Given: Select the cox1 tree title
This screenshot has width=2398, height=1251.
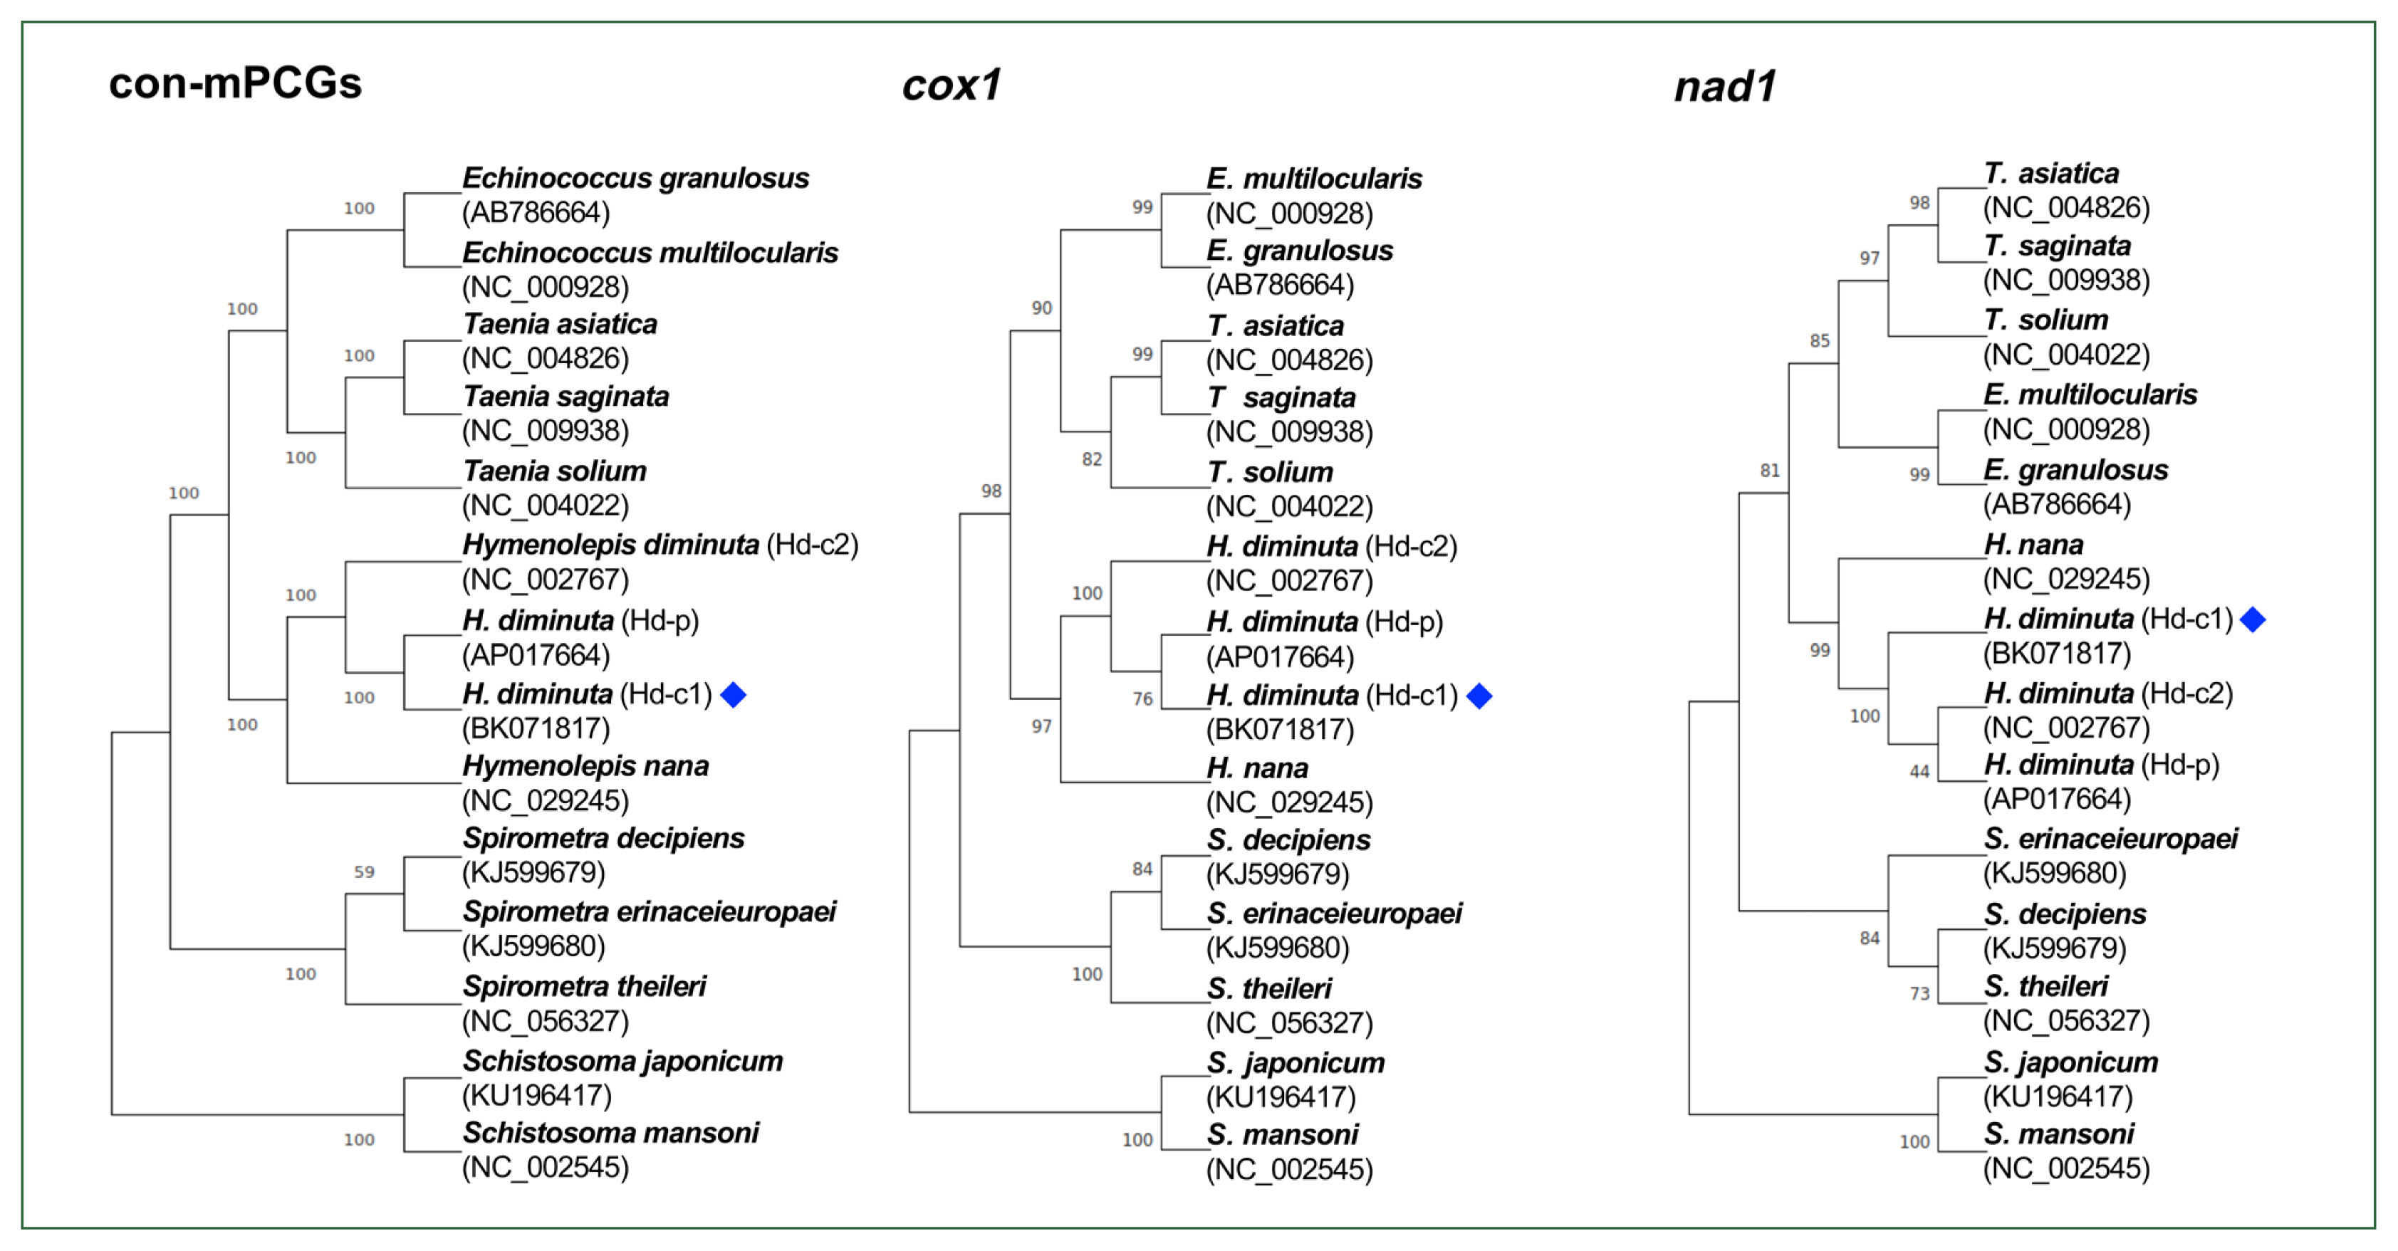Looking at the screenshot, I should (x=951, y=85).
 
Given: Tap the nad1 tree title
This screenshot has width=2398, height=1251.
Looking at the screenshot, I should (x=1724, y=88).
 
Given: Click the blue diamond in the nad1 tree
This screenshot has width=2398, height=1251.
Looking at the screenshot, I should (x=2252, y=620).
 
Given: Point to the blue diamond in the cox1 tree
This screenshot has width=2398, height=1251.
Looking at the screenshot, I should (x=1479, y=696).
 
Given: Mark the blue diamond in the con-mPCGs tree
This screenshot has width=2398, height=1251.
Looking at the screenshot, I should (x=733, y=696).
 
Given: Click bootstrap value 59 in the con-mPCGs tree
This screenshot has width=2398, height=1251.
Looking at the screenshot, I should (x=364, y=872).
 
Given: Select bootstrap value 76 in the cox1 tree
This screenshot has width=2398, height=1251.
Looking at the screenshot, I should (x=1142, y=699).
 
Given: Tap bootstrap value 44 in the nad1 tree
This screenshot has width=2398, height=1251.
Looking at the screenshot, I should (x=1919, y=772).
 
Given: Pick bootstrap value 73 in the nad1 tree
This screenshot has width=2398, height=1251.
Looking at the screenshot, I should (x=1919, y=994).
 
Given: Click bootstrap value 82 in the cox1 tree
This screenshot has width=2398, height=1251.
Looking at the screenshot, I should (x=1091, y=460).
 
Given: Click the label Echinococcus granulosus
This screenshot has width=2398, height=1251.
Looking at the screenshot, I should (x=636, y=179).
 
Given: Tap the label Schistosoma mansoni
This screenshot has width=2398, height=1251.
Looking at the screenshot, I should (x=610, y=1134).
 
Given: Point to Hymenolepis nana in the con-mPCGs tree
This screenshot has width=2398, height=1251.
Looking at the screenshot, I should (x=585, y=767).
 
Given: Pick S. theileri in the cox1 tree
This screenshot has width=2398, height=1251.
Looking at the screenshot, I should (x=1269, y=988).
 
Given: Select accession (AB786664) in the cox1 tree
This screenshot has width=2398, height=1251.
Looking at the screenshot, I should (x=1280, y=285).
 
